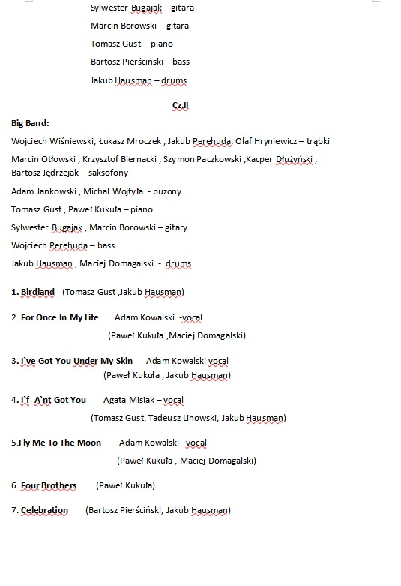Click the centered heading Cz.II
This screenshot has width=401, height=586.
pyautogui.click(x=181, y=105)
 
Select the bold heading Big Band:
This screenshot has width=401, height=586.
pyautogui.click(x=30, y=122)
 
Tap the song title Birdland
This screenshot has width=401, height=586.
pyautogui.click(x=37, y=292)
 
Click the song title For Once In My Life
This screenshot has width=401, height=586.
pyautogui.click(x=59, y=317)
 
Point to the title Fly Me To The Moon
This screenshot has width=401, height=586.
pyautogui.click(x=61, y=443)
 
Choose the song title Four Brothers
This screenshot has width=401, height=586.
pyautogui.click(x=49, y=485)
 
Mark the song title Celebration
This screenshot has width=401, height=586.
pyautogui.click(x=44, y=510)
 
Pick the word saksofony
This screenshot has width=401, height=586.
pyautogui.click(x=108, y=173)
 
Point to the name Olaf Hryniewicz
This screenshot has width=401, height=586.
pyautogui.click(x=266, y=141)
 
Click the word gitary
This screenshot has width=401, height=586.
pyautogui.click(x=175, y=227)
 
